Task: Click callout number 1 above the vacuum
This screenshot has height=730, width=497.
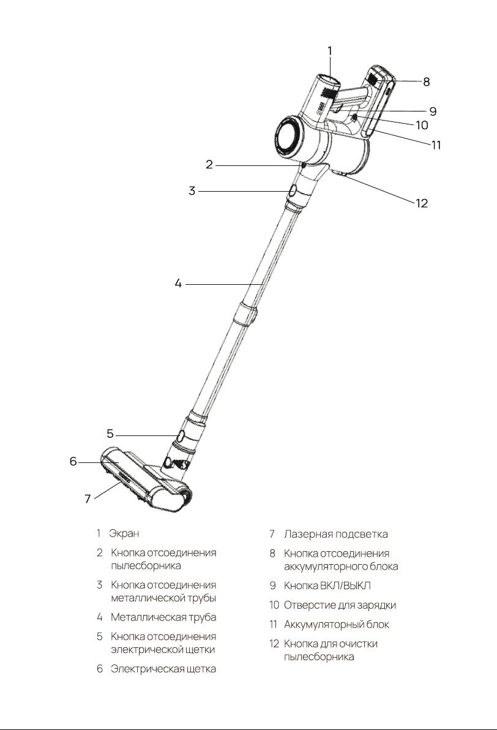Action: pyautogui.click(x=330, y=51)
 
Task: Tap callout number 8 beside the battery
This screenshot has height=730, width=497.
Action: pyautogui.click(x=426, y=82)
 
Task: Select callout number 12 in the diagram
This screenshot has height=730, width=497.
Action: pyautogui.click(x=421, y=203)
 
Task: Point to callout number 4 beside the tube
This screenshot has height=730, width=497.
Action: pyautogui.click(x=178, y=283)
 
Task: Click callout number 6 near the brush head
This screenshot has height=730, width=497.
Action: pyautogui.click(x=73, y=461)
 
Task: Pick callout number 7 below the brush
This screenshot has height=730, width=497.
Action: pyautogui.click(x=88, y=499)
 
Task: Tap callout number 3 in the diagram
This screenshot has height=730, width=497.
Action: pyautogui.click(x=192, y=191)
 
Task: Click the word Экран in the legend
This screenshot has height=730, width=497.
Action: pyautogui.click(x=124, y=533)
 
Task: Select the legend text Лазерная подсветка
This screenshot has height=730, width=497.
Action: pyautogui.click(x=335, y=534)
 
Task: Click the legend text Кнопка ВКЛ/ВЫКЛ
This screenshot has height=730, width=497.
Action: pyautogui.click(x=327, y=585)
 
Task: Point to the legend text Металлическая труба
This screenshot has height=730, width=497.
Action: pyautogui.click(x=163, y=617)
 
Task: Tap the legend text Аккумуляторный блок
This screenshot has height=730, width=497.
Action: pyautogui.click(x=337, y=624)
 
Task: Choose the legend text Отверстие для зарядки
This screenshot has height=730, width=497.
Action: pyautogui.click(x=340, y=605)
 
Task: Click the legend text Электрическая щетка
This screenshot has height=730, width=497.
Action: pyautogui.click(x=163, y=669)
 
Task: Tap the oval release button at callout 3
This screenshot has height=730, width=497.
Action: pyautogui.click(x=294, y=191)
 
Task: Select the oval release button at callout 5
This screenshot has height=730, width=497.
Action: pyautogui.click(x=179, y=436)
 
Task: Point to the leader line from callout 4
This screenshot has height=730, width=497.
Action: pyautogui.click(x=225, y=284)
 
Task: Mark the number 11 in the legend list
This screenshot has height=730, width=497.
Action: pyautogui.click(x=273, y=624)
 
